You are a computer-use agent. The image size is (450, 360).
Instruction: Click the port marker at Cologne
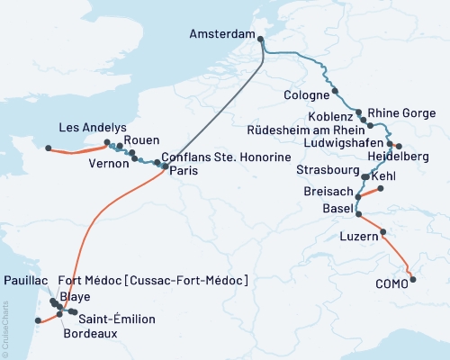pos(336,91)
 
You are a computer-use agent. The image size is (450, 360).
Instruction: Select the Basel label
pos(338,208)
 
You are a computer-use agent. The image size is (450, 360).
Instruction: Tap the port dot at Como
pos(413,280)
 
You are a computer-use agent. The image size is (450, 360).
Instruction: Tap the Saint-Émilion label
pos(117,319)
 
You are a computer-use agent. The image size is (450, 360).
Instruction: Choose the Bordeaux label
pos(90,333)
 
